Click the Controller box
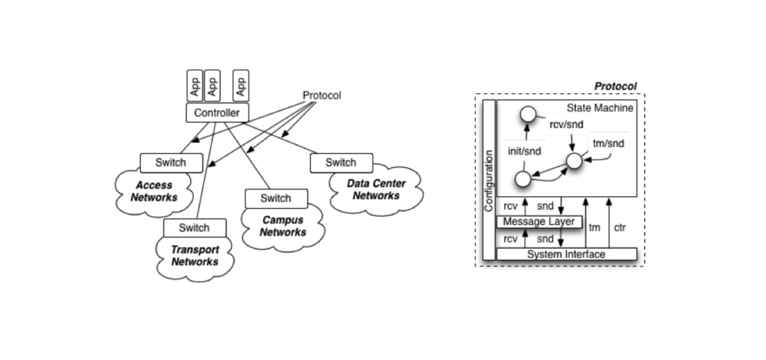coord(217,113)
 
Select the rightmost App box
coord(241,86)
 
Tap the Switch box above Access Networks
coord(171,163)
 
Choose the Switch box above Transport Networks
coord(195,228)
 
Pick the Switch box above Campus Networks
coord(276,198)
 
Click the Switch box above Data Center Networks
coord(341,163)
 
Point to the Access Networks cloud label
coord(154,191)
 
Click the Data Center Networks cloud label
coord(376,189)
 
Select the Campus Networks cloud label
coord(283,226)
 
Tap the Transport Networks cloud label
coord(195,256)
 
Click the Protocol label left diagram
coord(322,95)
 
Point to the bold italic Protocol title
coord(616,86)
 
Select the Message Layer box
coord(539,221)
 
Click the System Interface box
coord(567,254)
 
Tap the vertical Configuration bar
coord(489,180)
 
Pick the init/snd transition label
coord(524,151)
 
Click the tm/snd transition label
coord(609,143)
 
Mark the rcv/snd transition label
coord(567,125)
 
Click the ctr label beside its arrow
coord(620,228)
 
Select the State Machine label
coord(600,108)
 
